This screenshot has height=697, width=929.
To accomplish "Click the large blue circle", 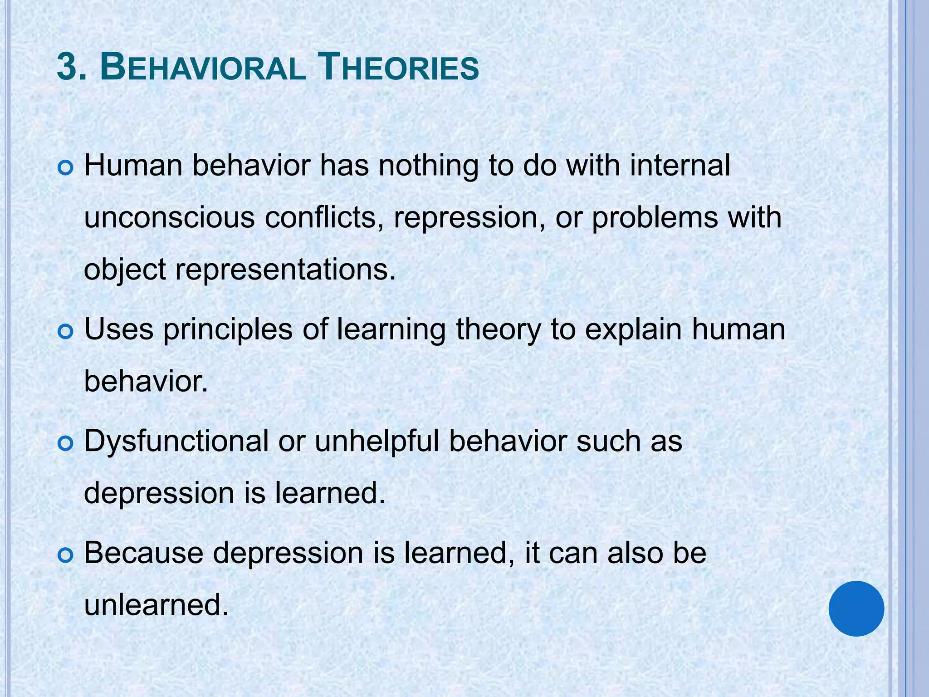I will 856,608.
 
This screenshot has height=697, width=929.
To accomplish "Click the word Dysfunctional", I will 176,441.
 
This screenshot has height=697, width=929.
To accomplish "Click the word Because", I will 144,554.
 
